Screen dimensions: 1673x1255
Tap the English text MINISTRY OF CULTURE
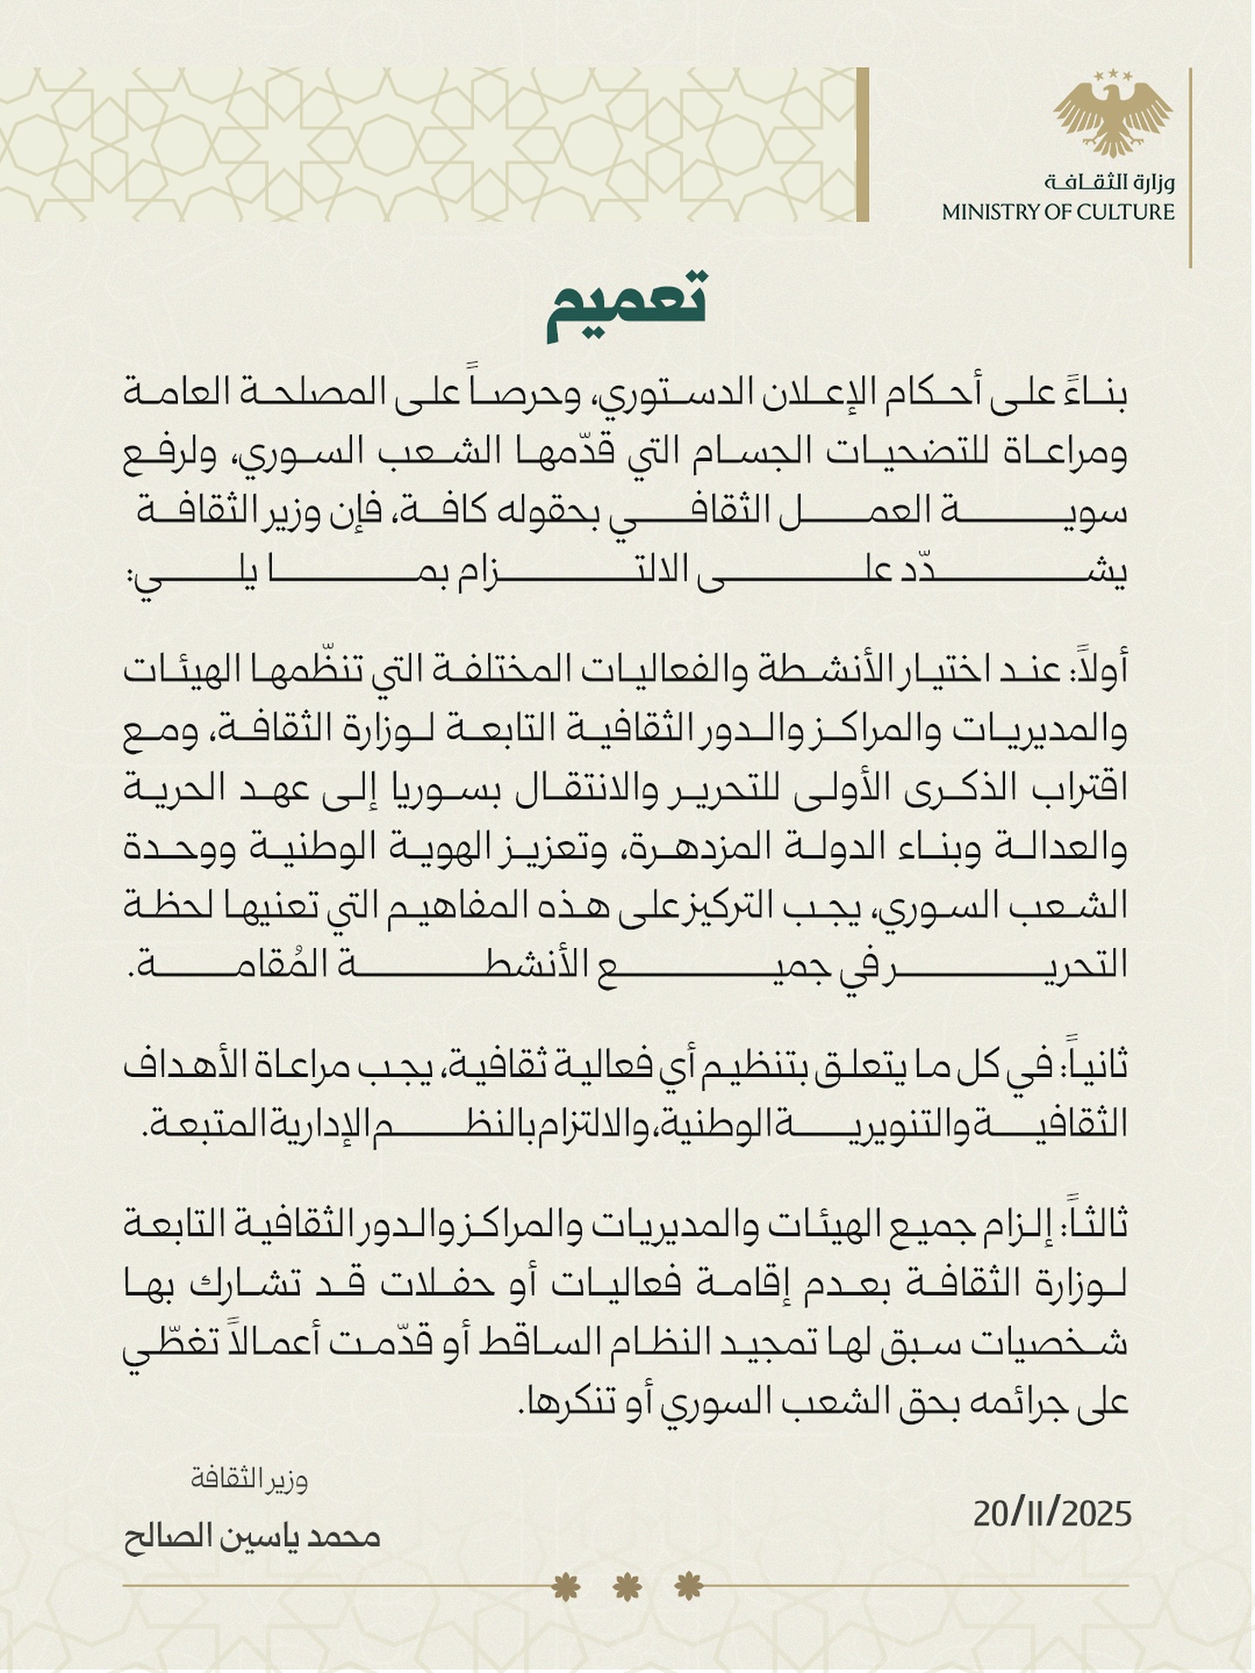click(x=1058, y=212)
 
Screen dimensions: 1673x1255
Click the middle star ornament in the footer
click(x=627, y=1587)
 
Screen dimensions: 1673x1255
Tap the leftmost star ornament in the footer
click(x=566, y=1587)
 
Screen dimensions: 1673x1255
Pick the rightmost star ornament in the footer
click(x=689, y=1587)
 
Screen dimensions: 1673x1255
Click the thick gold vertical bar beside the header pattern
click(x=863, y=145)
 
